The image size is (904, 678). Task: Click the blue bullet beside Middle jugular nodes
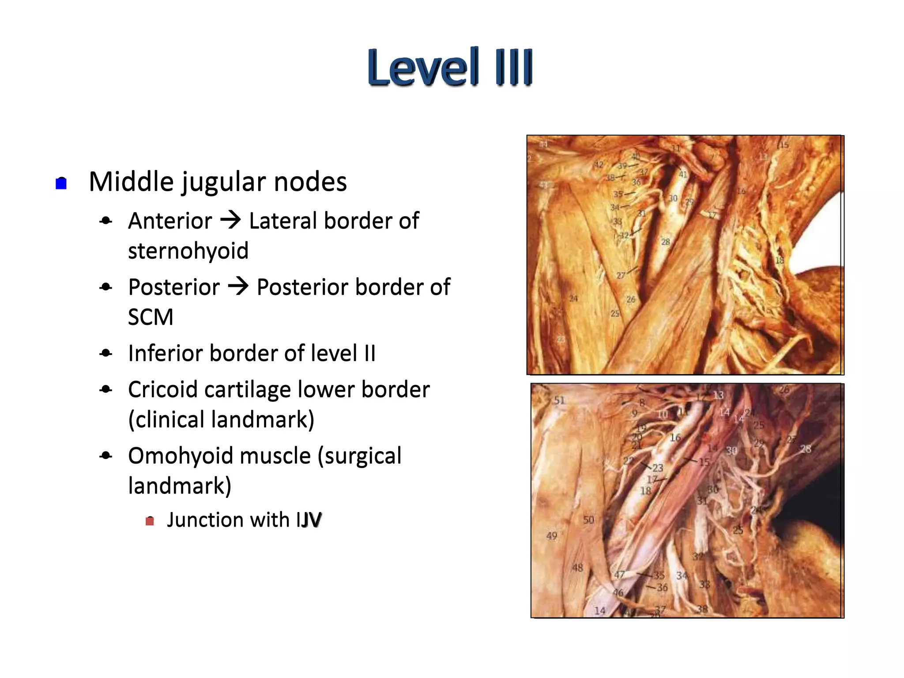coord(61,183)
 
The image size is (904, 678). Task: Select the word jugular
coord(224,182)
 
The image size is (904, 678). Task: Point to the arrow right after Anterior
coord(231,220)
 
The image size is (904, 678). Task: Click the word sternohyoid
coord(188,251)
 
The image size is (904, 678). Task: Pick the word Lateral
coord(283,221)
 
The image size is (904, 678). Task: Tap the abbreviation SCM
coord(151,317)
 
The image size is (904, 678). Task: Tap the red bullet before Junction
coord(150,521)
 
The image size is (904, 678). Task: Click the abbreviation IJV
coord(309,520)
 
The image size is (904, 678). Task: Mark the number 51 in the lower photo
coord(559,400)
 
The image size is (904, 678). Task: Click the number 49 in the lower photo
coord(552,536)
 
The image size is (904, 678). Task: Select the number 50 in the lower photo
coord(588,520)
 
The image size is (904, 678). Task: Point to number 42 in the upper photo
coord(598,165)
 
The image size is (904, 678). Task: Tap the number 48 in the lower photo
coord(577,568)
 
